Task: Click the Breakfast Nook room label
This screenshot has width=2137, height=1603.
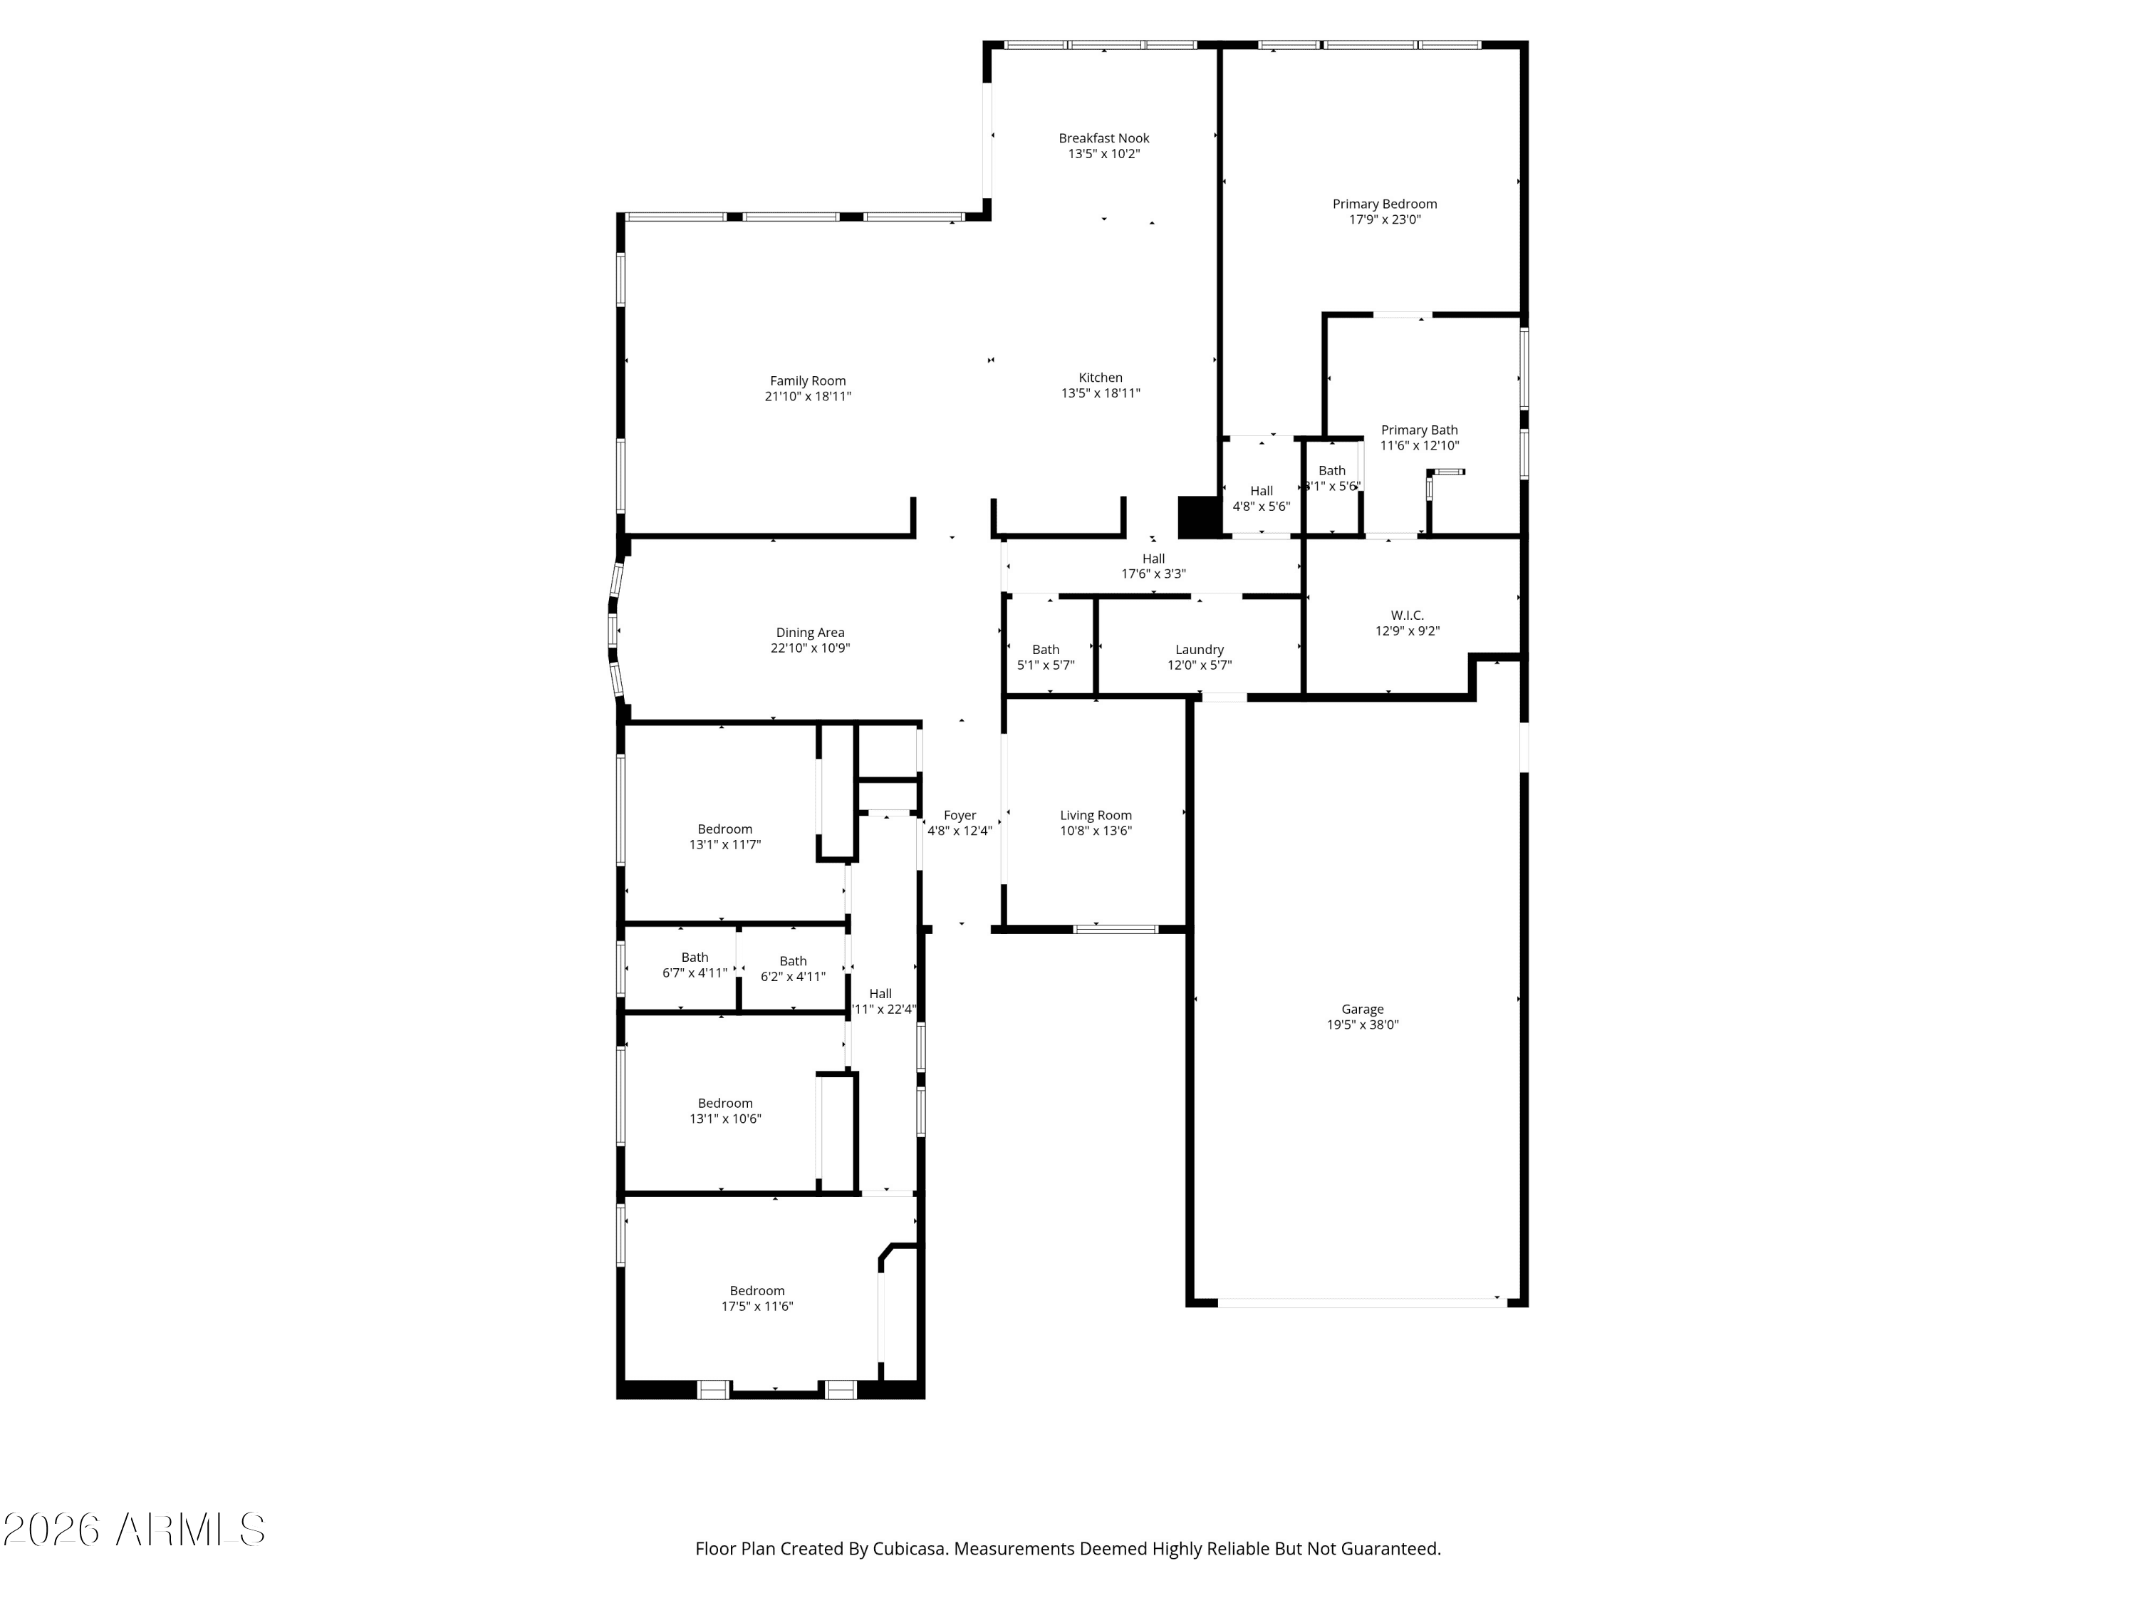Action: [1103, 138]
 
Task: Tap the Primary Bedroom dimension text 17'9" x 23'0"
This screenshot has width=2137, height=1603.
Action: [1384, 219]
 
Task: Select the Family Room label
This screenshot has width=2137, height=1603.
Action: [808, 380]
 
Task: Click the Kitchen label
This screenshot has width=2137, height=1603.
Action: [1101, 378]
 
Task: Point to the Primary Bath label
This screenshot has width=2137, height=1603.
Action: [1418, 430]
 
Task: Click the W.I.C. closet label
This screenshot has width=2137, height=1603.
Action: [1407, 616]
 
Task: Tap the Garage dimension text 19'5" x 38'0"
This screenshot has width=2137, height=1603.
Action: [1362, 1025]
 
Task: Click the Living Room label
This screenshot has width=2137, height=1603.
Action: [1096, 816]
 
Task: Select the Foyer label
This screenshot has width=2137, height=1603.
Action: [960, 816]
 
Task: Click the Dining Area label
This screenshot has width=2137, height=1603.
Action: [810, 633]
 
